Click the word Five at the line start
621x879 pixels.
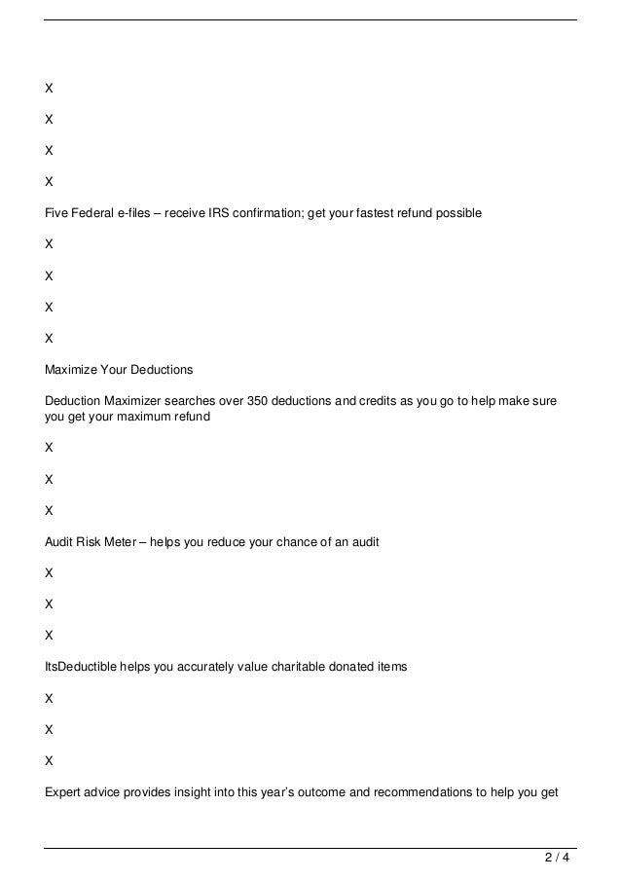pyautogui.click(x=57, y=211)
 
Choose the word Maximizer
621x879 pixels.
pyautogui.click(x=139, y=401)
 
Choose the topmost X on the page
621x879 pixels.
pyautogui.click(x=49, y=88)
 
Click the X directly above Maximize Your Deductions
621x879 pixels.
pyautogui.click(x=49, y=339)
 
